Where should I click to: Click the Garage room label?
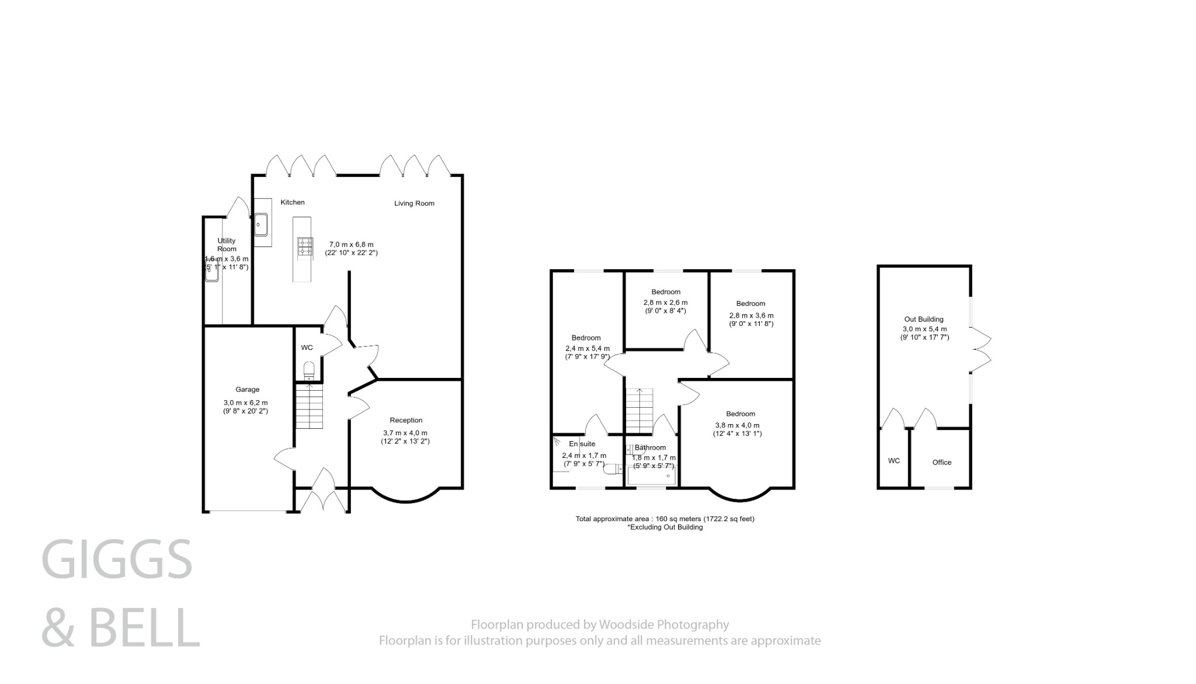[247, 390]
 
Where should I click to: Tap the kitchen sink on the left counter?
[261, 224]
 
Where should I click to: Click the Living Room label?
[414, 203]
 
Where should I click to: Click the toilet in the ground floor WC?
[309, 370]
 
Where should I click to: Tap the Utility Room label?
[227, 245]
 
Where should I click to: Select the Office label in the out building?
[941, 462]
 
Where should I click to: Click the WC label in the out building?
[893, 461]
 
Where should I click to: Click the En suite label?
[582, 444]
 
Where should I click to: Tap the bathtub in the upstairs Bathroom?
[651, 477]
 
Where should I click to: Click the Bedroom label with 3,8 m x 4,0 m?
[740, 414]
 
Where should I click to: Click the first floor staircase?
[638, 411]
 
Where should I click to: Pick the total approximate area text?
[665, 519]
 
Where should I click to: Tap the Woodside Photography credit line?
[600, 625]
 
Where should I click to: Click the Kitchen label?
[293, 202]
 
